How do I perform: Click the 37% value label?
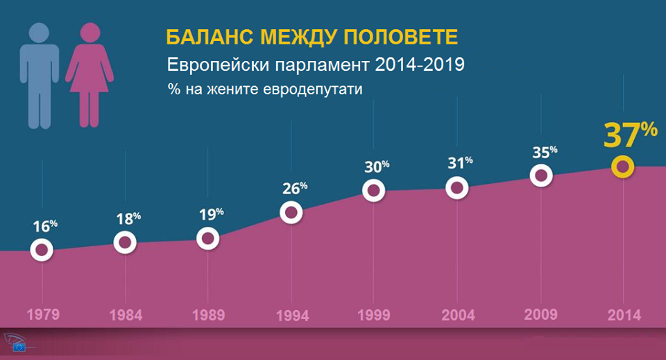631,135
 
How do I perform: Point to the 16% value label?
45,226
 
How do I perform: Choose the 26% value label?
295,188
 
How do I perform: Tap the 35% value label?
545,151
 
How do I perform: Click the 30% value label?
377,166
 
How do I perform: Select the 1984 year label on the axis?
126,316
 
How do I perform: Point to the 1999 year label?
374,315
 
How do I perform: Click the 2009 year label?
540,315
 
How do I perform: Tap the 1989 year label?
209,315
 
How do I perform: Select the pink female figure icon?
89,74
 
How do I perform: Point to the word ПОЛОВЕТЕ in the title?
400,37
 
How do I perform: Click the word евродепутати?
313,90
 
